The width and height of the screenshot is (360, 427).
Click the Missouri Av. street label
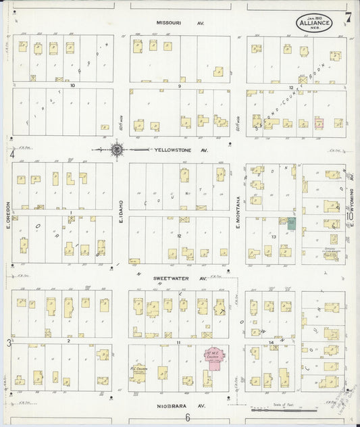coord(180,22)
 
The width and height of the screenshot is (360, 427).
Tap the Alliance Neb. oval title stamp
coord(315,22)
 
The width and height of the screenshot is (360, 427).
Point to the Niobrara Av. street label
coord(180,405)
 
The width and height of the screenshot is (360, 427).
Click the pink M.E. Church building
coord(214,359)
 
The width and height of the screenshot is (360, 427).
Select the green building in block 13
coord(292,223)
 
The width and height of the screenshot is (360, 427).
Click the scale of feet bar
coord(284,409)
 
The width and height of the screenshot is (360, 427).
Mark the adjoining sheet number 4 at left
coord(11,154)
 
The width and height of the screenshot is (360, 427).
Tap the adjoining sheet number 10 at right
coord(349,216)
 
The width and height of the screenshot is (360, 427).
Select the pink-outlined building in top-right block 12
coord(319,123)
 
